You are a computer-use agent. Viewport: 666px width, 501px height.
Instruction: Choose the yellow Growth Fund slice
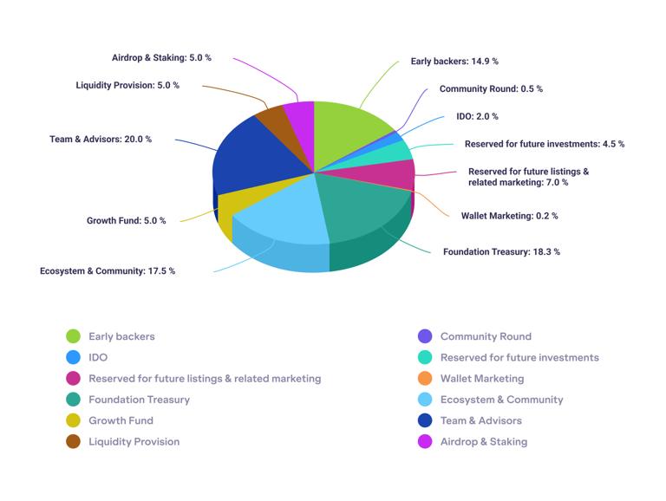click(x=230, y=205)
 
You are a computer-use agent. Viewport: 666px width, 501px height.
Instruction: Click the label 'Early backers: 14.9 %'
click(x=454, y=62)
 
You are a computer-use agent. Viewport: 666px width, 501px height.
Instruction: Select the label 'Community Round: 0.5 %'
click(x=491, y=88)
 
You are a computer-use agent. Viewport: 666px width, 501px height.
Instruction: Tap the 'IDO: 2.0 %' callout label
click(x=477, y=116)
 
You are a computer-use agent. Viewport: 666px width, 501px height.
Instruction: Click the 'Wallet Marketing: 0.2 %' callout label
click(x=509, y=215)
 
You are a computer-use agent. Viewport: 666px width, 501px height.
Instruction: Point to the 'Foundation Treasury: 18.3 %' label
click(x=501, y=251)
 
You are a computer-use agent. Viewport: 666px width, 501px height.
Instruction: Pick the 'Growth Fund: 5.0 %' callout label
click(x=126, y=220)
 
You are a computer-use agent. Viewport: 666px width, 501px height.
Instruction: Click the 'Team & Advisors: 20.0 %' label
click(x=101, y=139)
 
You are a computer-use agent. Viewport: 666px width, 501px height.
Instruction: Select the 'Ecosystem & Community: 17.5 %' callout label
click(x=108, y=270)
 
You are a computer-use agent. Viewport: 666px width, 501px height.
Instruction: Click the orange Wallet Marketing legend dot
click(x=425, y=379)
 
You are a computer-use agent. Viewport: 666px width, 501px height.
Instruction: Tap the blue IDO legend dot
click(x=74, y=357)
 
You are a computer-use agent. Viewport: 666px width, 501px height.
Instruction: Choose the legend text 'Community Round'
click(x=486, y=336)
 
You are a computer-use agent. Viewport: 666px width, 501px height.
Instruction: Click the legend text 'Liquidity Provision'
click(x=134, y=441)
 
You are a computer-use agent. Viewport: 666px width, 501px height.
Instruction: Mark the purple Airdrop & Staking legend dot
click(x=425, y=441)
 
